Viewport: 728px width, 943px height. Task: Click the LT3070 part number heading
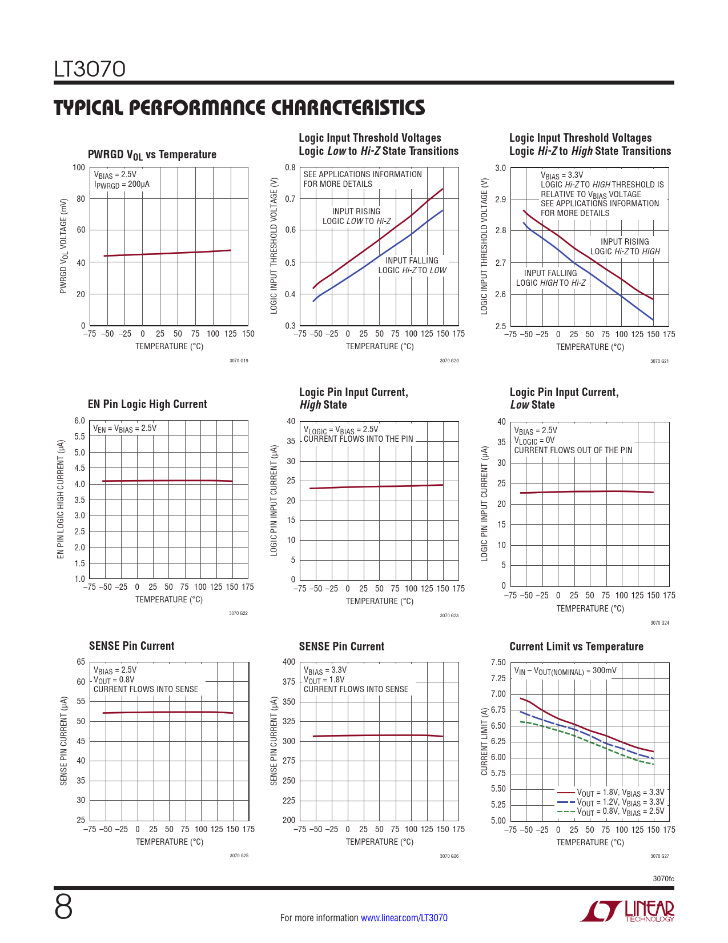90,70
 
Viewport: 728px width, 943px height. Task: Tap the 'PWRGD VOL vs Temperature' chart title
152,154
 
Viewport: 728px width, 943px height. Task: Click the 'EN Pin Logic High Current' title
147,404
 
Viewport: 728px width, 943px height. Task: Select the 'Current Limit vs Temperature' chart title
576,646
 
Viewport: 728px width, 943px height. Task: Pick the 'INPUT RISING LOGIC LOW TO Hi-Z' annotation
356,216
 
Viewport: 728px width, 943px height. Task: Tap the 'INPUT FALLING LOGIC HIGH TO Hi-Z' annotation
550,278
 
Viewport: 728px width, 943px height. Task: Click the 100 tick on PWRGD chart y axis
79,167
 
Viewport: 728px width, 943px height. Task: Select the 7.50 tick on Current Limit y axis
498,662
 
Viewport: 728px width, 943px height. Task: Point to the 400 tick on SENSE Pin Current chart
289,662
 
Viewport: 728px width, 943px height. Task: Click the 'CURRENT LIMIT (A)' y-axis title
485,741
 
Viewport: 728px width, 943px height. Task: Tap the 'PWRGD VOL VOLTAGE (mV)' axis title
63,246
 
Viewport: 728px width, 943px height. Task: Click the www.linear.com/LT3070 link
404,918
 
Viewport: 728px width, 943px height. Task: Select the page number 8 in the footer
63,908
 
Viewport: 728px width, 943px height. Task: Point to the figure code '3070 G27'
659,856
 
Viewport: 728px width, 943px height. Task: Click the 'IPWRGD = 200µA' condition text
122,185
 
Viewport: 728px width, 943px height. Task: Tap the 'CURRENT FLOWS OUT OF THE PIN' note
573,450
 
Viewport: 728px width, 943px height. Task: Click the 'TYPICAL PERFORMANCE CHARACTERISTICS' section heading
239,107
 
